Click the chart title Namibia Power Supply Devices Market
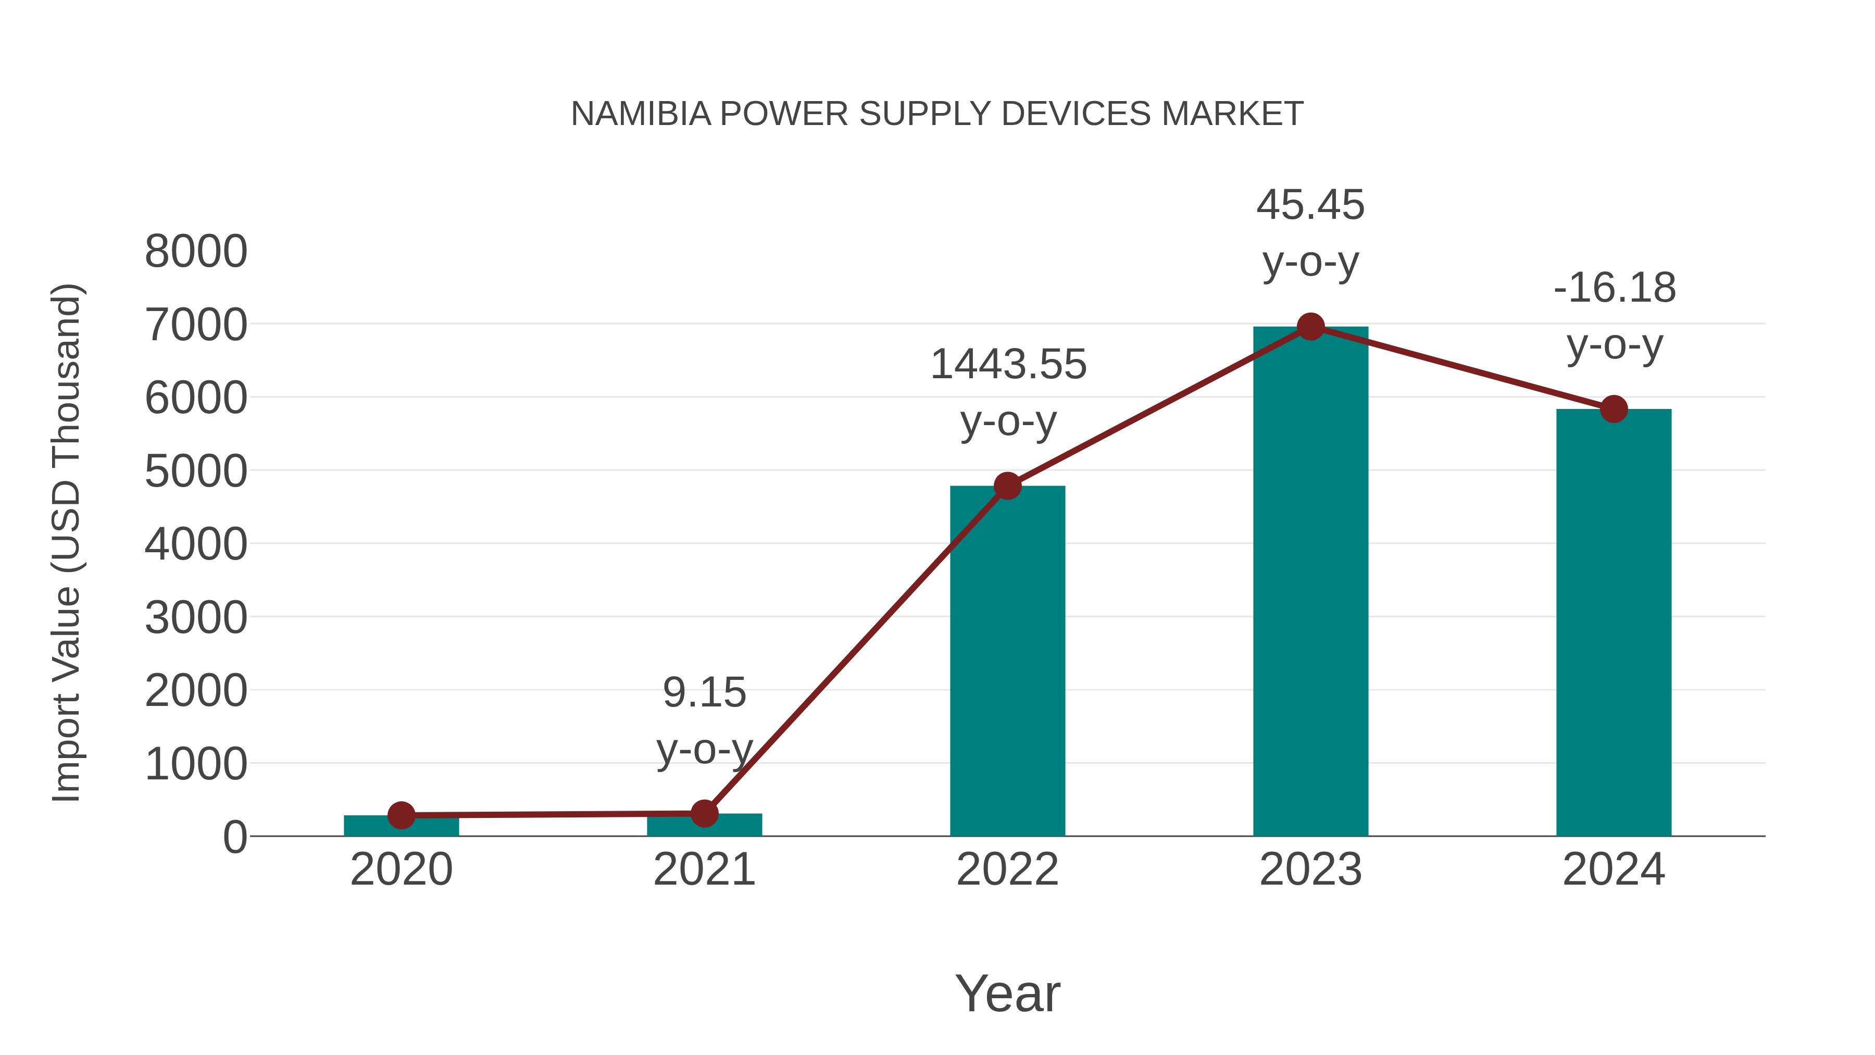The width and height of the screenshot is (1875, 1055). click(x=937, y=114)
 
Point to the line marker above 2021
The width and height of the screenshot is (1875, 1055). click(x=704, y=813)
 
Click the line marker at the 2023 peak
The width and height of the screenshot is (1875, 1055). click(x=1310, y=327)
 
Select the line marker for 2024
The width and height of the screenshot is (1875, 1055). click(x=1614, y=409)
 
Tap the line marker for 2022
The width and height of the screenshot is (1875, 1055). click(x=1007, y=486)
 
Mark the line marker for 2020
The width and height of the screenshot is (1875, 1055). click(x=401, y=815)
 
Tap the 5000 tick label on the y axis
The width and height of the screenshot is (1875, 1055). click(x=196, y=471)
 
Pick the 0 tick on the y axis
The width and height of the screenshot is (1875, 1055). click(x=234, y=837)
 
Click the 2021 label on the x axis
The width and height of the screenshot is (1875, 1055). click(x=704, y=870)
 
